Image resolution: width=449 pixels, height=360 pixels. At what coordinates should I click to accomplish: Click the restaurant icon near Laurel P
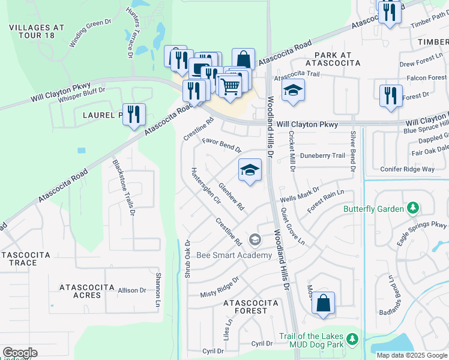click(x=134, y=114)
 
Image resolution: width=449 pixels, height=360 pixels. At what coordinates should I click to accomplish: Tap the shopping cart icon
click(x=230, y=86)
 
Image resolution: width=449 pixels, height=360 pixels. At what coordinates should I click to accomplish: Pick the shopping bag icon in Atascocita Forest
click(x=323, y=302)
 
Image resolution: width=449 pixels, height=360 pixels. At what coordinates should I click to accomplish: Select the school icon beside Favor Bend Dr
click(x=250, y=170)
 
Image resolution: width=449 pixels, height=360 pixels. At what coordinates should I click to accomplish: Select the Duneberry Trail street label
click(x=323, y=155)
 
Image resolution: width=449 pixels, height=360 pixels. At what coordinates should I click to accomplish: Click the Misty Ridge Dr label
click(x=220, y=287)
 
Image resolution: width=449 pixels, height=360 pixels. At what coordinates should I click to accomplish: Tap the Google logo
click(x=20, y=353)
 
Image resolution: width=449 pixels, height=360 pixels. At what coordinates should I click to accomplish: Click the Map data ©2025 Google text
click(x=412, y=355)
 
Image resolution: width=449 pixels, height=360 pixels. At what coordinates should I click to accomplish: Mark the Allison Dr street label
click(x=132, y=290)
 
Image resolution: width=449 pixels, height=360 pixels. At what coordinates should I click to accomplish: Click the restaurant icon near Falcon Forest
click(x=391, y=95)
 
